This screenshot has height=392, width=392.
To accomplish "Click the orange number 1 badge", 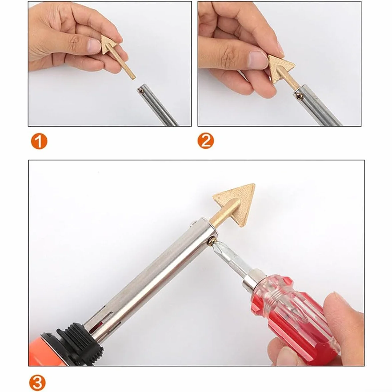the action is (x=39, y=141).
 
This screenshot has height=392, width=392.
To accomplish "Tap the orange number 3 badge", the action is (x=37, y=383).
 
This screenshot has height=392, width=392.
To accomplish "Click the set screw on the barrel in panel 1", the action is (x=141, y=91).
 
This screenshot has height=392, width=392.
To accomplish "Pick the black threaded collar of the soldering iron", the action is (x=77, y=343).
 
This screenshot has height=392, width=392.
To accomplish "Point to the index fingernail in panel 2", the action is (x=257, y=58).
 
